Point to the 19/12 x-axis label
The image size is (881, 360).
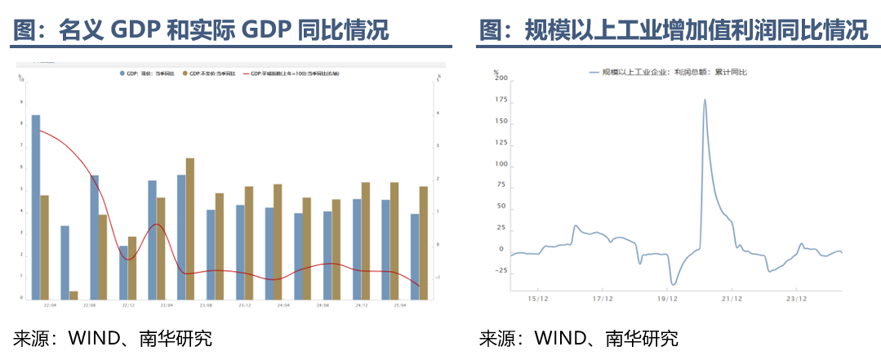click(667, 299)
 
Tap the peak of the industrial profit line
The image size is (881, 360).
click(705, 100)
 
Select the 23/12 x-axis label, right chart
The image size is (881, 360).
click(797, 299)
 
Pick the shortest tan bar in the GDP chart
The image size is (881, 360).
click(73, 295)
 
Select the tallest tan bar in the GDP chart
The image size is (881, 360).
click(190, 228)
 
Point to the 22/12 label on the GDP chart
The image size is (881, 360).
click(128, 305)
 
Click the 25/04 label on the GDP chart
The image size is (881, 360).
click(398, 305)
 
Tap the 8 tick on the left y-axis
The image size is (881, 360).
click(22, 123)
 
